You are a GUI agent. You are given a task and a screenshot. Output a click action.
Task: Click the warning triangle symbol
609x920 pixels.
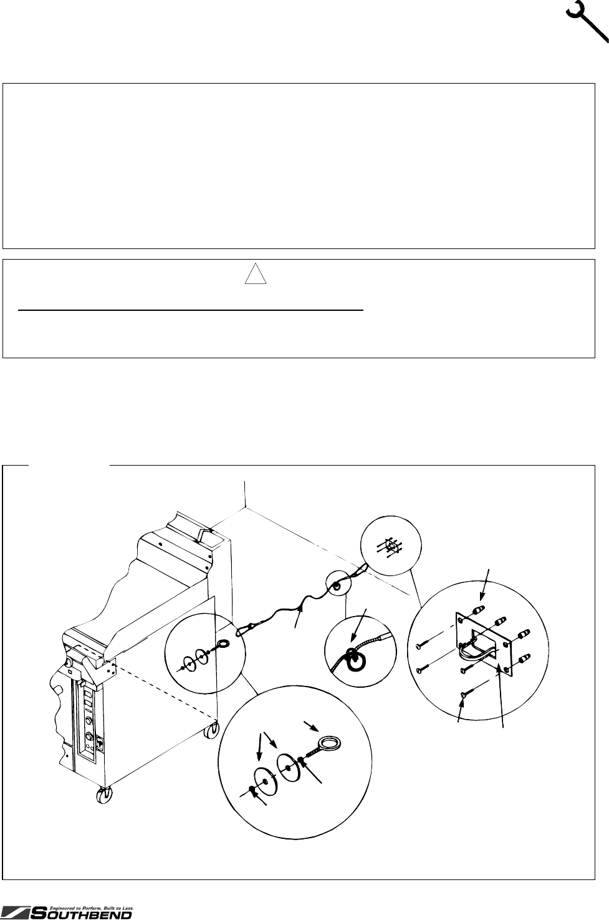[x=256, y=273]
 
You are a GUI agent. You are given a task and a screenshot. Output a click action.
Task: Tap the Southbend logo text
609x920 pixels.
[x=80, y=914]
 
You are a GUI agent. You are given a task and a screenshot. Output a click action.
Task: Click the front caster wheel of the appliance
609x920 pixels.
[x=102, y=796]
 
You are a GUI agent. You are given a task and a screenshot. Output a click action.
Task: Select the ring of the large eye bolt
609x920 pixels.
[x=331, y=743]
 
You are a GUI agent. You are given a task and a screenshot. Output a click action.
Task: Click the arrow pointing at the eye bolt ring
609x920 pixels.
[x=312, y=726]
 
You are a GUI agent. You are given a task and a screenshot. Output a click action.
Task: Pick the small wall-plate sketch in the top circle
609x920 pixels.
[x=390, y=546]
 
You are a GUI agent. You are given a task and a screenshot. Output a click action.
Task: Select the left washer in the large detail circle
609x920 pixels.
[x=266, y=781]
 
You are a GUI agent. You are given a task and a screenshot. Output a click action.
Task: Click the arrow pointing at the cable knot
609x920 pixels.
[x=357, y=625]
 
